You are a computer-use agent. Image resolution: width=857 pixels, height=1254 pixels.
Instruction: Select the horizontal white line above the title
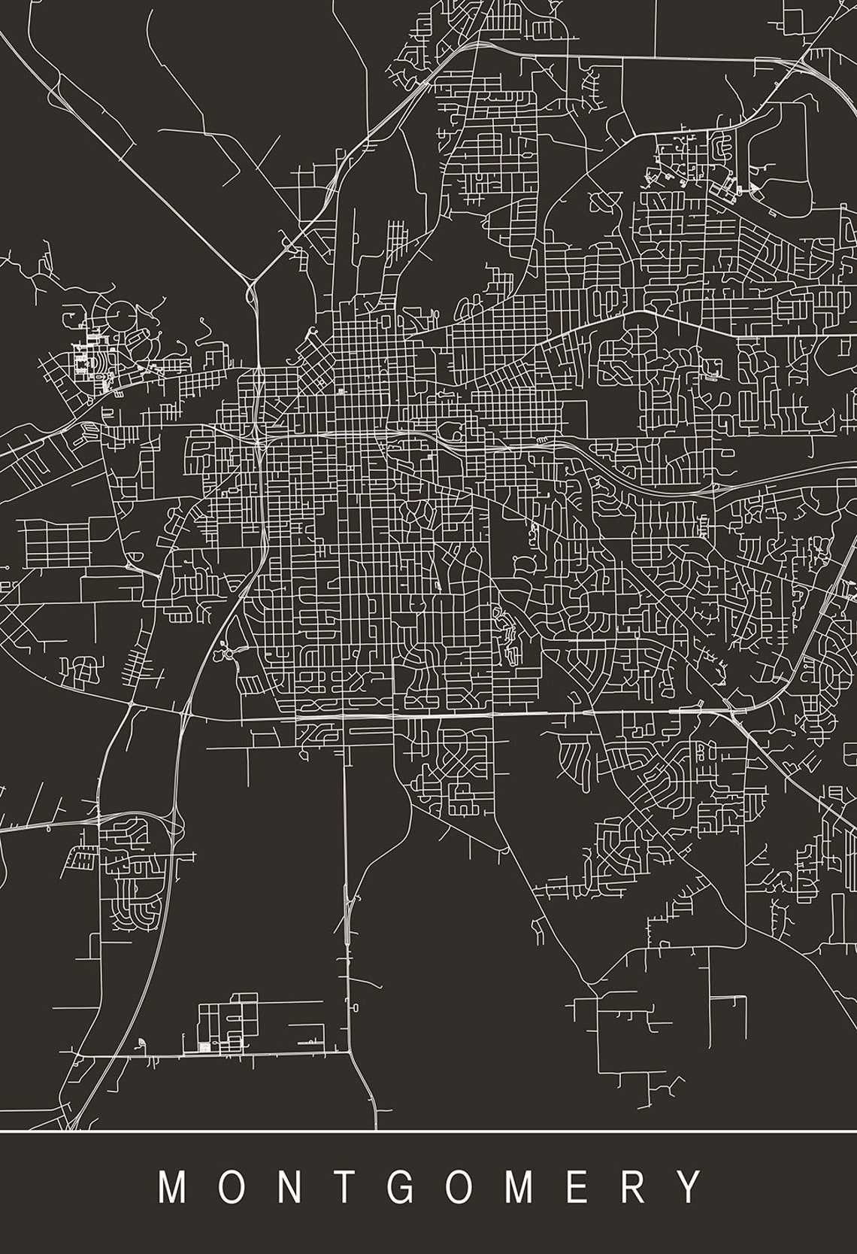(428, 1131)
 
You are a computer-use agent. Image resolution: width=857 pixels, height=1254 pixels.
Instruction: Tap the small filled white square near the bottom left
(202, 1046)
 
